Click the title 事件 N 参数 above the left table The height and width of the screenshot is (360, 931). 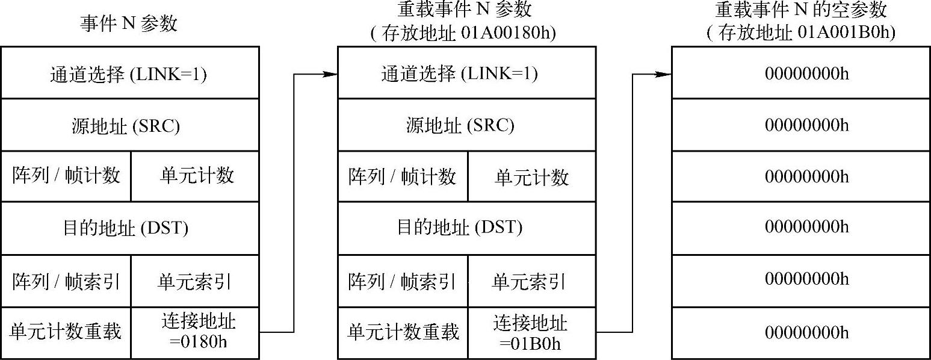(x=129, y=23)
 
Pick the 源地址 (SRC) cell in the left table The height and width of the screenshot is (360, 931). (x=130, y=126)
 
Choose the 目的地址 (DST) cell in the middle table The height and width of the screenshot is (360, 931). (x=467, y=228)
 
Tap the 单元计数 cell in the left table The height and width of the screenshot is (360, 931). (x=196, y=176)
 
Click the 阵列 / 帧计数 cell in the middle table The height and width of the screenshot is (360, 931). (x=403, y=176)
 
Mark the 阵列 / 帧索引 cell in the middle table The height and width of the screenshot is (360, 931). (x=403, y=282)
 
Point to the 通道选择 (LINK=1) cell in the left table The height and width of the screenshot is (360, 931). (x=130, y=75)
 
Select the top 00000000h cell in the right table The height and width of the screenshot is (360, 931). (x=807, y=74)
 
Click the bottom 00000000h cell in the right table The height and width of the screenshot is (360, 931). (x=807, y=332)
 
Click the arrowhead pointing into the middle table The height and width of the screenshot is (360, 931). (x=329, y=74)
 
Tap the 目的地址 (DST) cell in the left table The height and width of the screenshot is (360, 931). (x=130, y=228)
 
